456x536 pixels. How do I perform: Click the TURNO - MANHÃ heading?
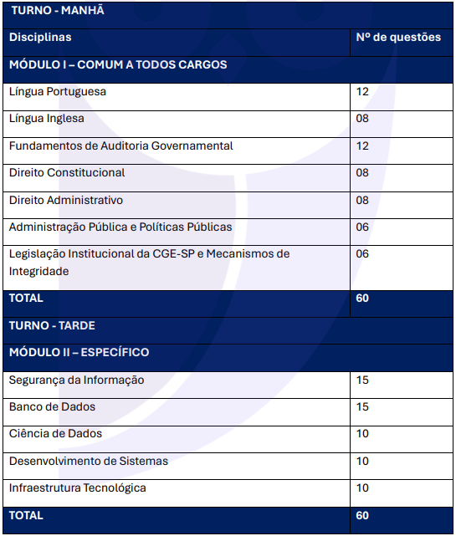click(50, 11)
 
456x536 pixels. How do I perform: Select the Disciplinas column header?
click(40, 38)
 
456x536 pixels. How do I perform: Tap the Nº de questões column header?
click(398, 38)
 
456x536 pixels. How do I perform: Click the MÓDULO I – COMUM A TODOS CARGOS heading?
click(118, 65)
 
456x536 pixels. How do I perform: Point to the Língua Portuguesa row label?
click(58, 92)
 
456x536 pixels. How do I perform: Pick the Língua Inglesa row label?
click(47, 119)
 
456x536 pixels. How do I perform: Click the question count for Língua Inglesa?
click(362, 119)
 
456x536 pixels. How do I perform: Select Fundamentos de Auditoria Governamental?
click(120, 146)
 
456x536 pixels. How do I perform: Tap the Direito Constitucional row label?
click(67, 173)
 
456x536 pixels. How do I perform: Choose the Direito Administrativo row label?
click(66, 201)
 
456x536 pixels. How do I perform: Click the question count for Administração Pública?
click(362, 227)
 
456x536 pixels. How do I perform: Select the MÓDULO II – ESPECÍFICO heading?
click(79, 353)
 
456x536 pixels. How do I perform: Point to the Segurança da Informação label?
click(76, 380)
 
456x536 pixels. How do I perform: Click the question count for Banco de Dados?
click(362, 407)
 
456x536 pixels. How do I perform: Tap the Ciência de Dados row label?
click(55, 434)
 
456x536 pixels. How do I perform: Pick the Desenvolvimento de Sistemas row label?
click(88, 462)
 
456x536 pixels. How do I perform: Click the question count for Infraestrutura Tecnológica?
click(362, 488)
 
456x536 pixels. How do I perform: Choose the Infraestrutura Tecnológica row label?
click(77, 488)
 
